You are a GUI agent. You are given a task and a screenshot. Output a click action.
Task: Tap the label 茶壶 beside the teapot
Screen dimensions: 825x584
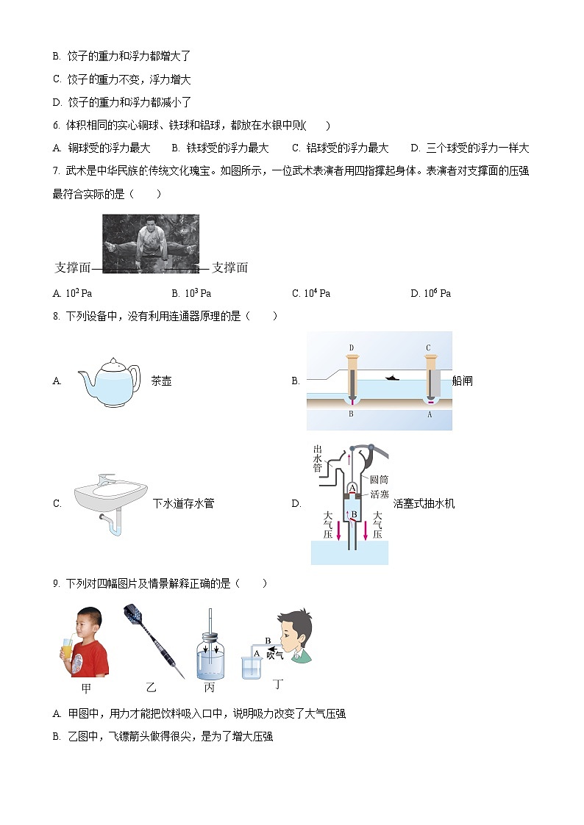pos(161,381)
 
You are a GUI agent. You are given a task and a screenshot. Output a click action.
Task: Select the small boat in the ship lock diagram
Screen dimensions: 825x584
pos(392,378)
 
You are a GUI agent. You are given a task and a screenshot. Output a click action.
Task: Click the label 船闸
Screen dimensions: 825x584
pos(463,381)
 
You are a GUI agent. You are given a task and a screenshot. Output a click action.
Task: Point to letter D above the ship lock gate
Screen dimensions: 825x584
pos(352,347)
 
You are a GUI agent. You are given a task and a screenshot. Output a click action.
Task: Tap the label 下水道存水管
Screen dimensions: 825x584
pos(183,503)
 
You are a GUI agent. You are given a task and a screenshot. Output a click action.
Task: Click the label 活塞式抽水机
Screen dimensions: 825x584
pos(424,503)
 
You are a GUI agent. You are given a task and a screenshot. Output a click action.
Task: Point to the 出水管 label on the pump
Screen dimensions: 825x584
pos(318,458)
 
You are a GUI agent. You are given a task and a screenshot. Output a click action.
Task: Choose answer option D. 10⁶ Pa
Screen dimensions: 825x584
pos(430,293)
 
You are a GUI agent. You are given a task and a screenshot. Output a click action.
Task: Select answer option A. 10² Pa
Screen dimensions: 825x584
pos(72,293)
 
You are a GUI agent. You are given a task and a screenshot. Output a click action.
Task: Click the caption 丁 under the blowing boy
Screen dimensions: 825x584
pos(278,685)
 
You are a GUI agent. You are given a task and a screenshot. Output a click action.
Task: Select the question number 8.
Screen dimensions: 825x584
pos(56,316)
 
